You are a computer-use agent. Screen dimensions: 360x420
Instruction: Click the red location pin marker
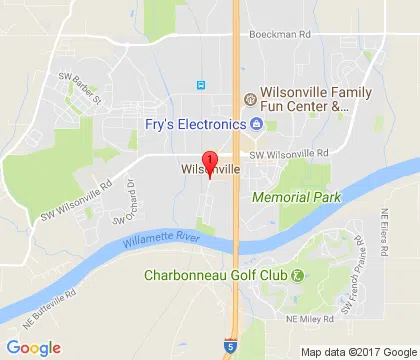(x=209, y=163)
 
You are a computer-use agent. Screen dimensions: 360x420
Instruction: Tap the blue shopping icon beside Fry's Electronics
(x=256, y=124)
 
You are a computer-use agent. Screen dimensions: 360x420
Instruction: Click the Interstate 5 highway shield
(x=231, y=343)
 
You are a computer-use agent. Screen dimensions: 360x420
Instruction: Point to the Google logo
(x=33, y=347)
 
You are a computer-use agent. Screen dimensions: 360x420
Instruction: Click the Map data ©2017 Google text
(x=356, y=351)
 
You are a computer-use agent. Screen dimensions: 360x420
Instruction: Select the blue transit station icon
(x=202, y=85)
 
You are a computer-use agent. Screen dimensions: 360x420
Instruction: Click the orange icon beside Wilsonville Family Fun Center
(x=249, y=98)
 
